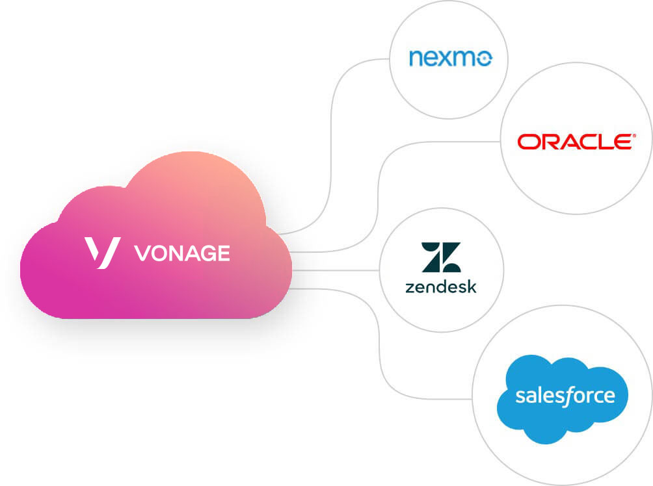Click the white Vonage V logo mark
tap(102, 253)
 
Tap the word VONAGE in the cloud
tap(181, 253)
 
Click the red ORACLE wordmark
tap(574, 142)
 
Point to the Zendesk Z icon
tap(440, 257)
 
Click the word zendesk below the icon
tap(440, 286)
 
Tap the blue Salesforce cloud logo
tap(562, 398)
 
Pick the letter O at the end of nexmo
tap(484, 60)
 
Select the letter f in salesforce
tap(567, 395)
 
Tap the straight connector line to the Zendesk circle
tap(335, 270)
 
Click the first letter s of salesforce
tap(520, 396)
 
